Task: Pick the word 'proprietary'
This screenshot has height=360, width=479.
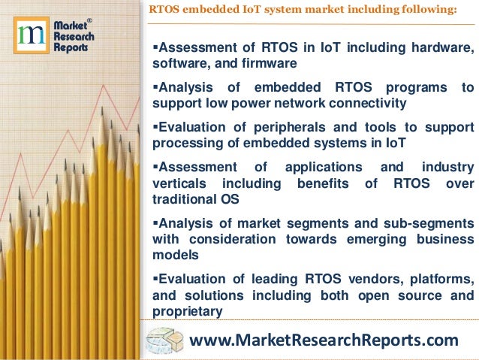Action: point(188,310)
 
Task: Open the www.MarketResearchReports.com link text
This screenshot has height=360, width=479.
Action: point(324,340)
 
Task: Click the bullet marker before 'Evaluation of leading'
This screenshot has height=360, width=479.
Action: point(155,279)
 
